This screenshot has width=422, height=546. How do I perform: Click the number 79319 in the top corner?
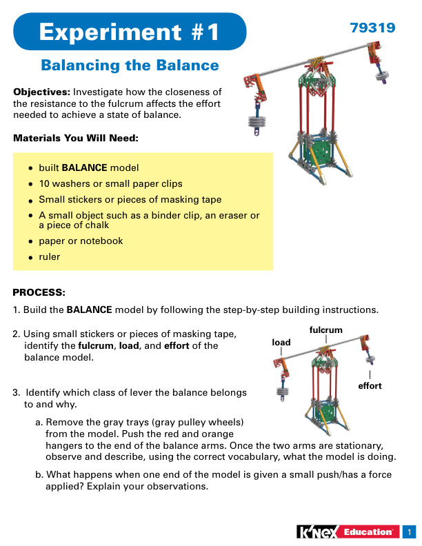372,28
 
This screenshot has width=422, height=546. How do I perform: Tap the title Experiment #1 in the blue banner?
129,32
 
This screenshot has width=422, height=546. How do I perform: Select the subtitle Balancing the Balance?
130,65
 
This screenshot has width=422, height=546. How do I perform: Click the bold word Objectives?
42,92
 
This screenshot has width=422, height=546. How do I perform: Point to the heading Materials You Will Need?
76,138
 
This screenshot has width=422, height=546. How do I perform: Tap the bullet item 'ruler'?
50,256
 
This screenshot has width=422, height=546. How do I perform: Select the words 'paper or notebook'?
81,241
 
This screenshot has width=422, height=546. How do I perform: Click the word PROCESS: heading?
39,292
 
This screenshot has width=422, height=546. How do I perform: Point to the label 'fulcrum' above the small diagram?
326,330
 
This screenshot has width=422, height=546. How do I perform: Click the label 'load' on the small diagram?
281,343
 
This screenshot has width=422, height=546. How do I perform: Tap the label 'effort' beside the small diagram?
370,385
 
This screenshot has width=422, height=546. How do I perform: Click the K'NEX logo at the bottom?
318,532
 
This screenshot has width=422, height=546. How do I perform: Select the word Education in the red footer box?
368,532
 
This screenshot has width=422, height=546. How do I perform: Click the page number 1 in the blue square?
410,532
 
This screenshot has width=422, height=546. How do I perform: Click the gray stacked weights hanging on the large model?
257,121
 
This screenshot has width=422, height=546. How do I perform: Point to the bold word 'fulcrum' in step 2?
96,345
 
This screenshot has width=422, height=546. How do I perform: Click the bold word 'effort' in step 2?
177,345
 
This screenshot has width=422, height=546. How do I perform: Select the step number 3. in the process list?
17,392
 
